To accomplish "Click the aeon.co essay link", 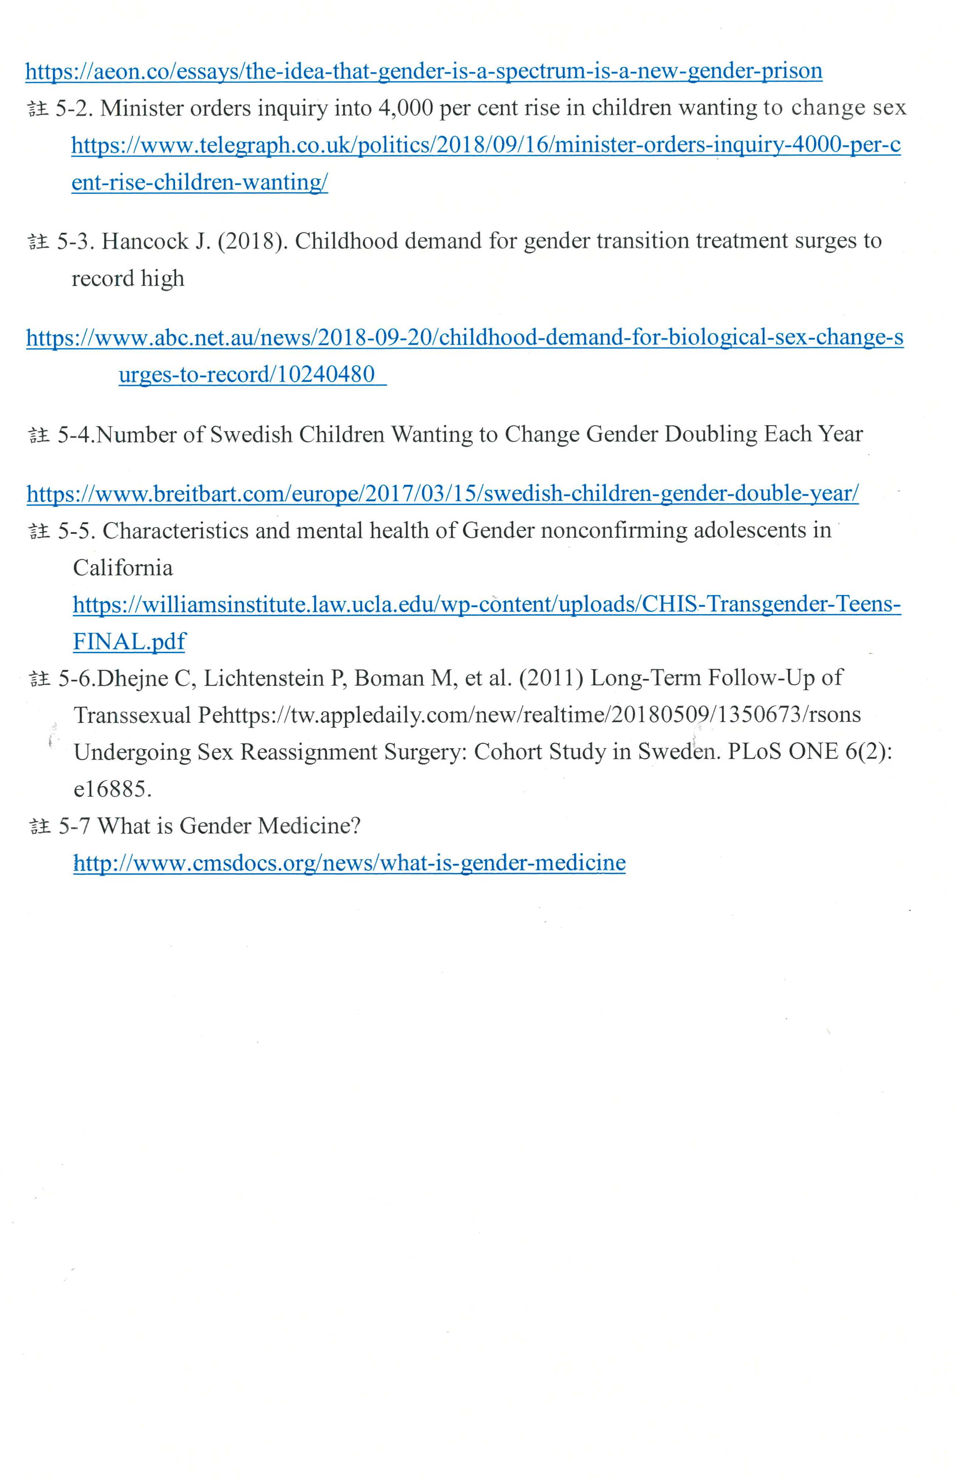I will (x=423, y=72).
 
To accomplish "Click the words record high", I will (x=128, y=278).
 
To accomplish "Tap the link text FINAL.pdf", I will (x=129, y=642).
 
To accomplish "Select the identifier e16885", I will (x=112, y=790).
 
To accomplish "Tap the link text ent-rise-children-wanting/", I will (x=200, y=183).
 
